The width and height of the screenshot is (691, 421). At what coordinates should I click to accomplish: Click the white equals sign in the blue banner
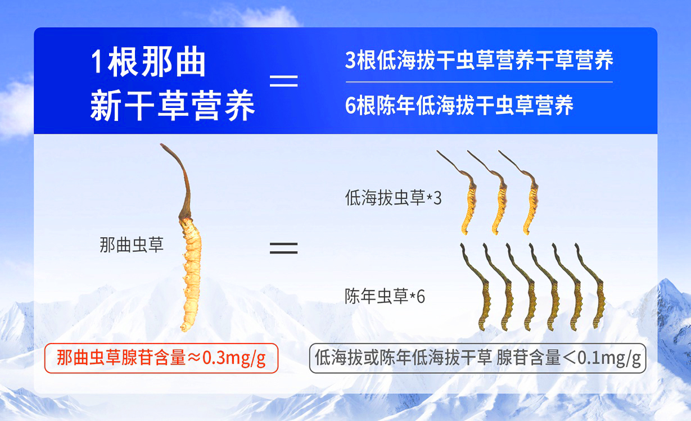coord(284,80)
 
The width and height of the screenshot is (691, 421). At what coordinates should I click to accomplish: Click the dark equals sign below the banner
coord(284,248)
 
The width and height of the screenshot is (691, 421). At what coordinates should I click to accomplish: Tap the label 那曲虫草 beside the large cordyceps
coord(132,245)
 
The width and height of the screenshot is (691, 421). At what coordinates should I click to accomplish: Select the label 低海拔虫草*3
coord(394,198)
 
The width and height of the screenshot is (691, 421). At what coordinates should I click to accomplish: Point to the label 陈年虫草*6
coord(385,296)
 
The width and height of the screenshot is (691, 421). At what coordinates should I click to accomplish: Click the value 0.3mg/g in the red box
coord(234,358)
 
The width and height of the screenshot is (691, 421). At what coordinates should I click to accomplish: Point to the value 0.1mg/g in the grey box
coord(609,358)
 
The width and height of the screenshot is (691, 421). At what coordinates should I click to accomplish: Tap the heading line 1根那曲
coord(148,62)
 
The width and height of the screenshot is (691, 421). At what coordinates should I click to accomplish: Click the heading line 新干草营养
coord(173,106)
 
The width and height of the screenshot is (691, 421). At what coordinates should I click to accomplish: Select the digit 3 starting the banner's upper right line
coord(350,60)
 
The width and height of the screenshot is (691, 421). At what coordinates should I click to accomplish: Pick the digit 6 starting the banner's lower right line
coord(350,106)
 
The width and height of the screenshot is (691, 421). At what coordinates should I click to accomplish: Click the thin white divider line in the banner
coord(479,82)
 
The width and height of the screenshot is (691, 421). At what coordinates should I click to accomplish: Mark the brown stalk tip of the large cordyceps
coord(161,144)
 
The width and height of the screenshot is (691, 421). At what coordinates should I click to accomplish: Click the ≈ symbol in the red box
coord(194,359)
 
